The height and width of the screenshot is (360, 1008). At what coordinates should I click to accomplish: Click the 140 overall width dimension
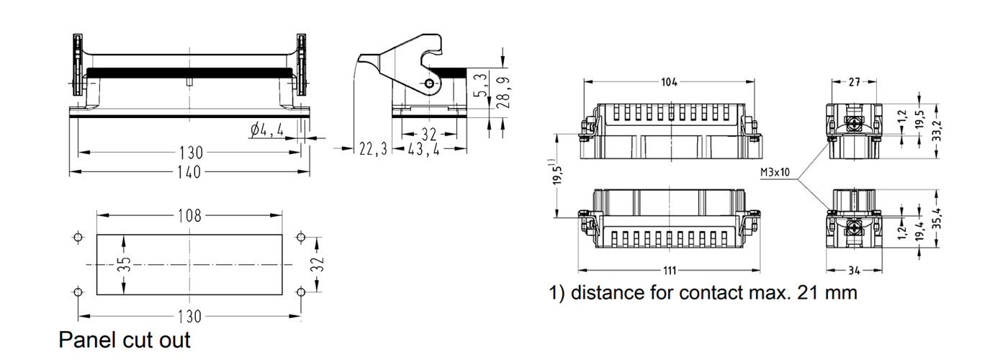pyautogui.click(x=189, y=172)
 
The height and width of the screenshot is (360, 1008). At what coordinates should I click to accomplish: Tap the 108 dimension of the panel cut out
pyautogui.click(x=189, y=215)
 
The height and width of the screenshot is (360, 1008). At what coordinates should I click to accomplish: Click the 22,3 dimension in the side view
pyautogui.click(x=374, y=149)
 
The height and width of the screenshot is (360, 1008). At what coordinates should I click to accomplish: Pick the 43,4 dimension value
pyautogui.click(x=425, y=149)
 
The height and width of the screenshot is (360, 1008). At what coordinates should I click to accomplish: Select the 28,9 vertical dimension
pyautogui.click(x=504, y=89)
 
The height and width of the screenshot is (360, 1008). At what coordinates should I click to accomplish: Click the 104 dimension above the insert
pyautogui.click(x=669, y=82)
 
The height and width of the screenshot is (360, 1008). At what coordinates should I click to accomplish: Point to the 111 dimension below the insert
pyautogui.click(x=669, y=271)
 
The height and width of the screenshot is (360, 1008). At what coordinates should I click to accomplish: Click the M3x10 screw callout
pyautogui.click(x=775, y=173)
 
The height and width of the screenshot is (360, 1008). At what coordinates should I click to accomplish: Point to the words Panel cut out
pyautogui.click(x=125, y=339)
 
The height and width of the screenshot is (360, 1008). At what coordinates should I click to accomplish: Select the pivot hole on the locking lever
pyautogui.click(x=430, y=84)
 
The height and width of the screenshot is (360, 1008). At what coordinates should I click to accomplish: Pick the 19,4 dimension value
pyautogui.click(x=919, y=231)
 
